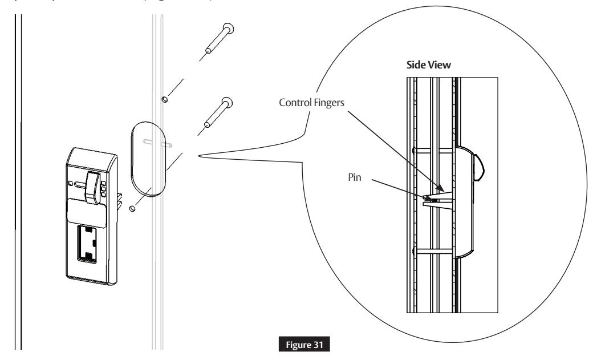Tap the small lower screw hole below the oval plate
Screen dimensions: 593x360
point(132,208)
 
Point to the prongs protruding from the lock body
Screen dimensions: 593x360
point(119,199)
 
